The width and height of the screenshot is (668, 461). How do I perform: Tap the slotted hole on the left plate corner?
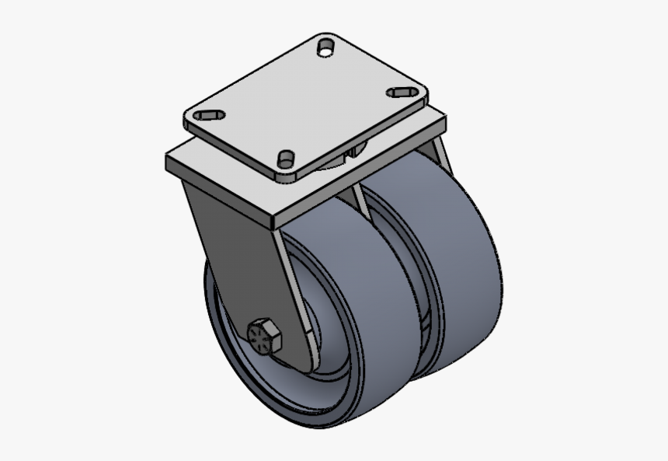(209, 116)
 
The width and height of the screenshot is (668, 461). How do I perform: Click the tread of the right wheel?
(458, 257)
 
